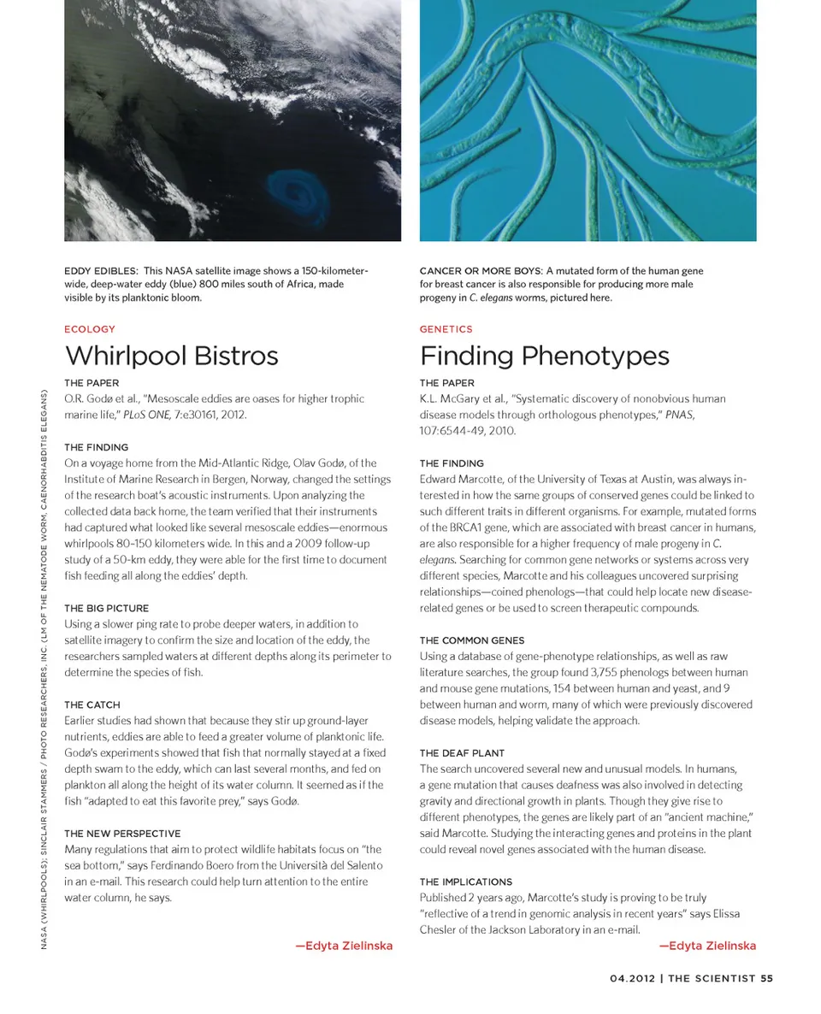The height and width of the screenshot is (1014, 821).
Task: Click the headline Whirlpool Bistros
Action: [171, 356]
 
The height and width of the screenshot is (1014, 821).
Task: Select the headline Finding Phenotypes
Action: [544, 356]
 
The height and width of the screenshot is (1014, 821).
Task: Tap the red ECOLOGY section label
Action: [90, 329]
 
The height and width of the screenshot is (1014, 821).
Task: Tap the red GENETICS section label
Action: [446, 329]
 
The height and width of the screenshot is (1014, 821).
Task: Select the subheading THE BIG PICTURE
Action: [106, 608]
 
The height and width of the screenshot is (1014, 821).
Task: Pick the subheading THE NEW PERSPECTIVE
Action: [122, 833]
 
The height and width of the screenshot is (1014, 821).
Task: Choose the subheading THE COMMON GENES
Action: [472, 640]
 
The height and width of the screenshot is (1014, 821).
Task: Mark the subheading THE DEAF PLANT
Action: [462, 753]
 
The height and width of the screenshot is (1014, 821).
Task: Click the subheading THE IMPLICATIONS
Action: [466, 881]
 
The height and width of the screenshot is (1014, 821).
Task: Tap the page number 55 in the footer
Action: [766, 979]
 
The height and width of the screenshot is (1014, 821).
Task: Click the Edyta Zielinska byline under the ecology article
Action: [344, 946]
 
